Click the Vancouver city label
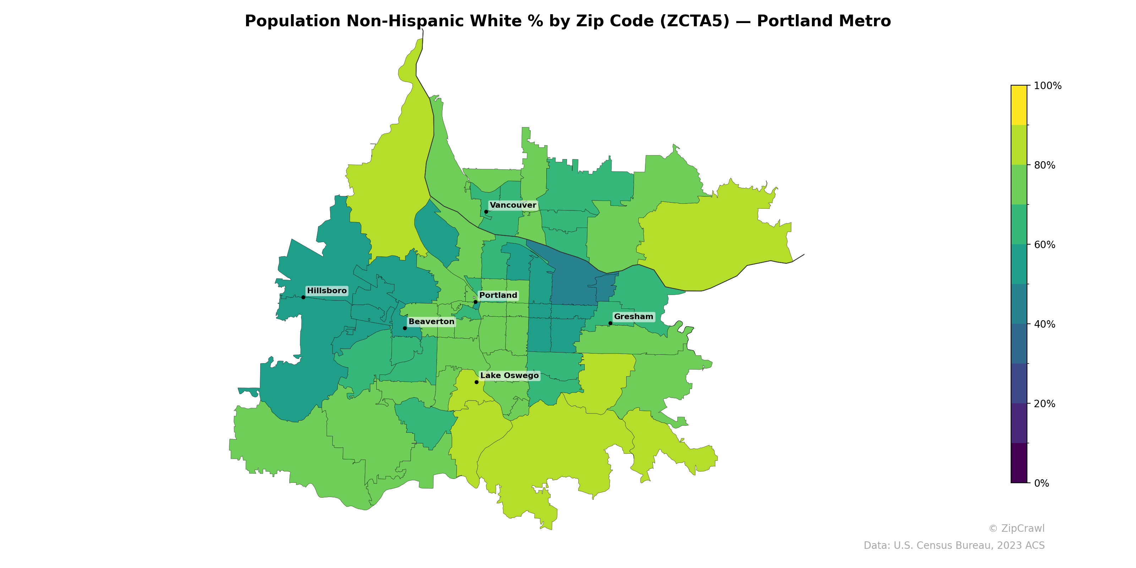click(513, 205)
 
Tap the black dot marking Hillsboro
click(303, 297)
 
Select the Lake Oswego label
click(509, 375)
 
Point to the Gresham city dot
click(610, 323)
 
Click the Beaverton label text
click(431, 322)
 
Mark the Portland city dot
click(475, 302)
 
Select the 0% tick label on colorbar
click(1041, 483)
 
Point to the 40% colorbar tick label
click(1044, 324)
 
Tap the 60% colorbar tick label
click(1044, 245)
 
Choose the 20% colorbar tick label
click(1044, 404)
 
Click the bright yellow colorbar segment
click(1019, 105)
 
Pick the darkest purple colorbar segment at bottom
click(1019, 463)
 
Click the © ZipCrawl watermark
click(1016, 528)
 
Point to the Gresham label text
click(633, 317)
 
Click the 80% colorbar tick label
click(1044, 165)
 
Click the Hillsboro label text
click(327, 291)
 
